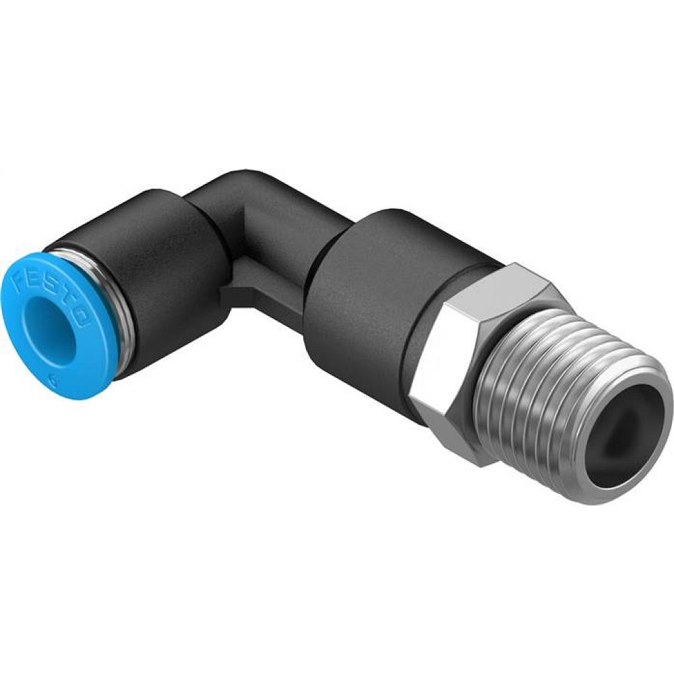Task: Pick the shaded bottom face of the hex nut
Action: tap(458, 438)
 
